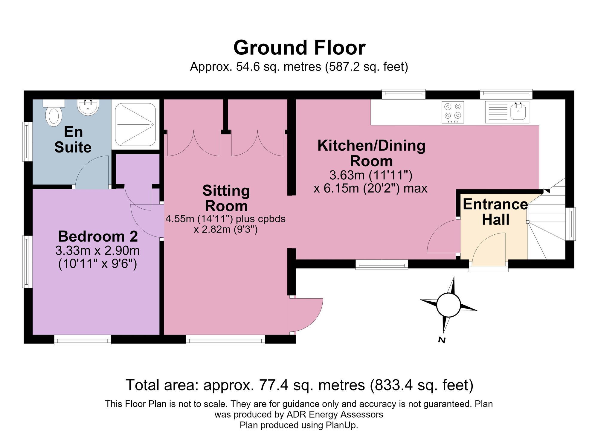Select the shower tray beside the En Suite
coord(135,124)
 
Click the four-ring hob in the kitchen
coord(453,112)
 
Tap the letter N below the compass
coord(442,340)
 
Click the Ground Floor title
coord(299,48)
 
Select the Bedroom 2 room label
coord(98,236)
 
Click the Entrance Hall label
coord(495,212)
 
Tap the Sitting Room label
coord(226,198)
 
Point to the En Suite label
coord(73,140)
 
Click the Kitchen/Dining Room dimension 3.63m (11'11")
coord(371,175)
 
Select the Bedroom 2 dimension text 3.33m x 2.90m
coord(97,251)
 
